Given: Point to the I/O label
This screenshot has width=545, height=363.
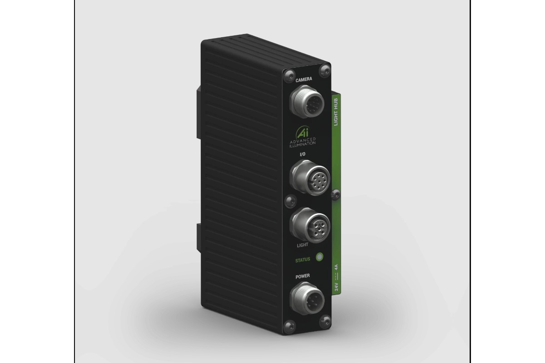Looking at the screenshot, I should [x=302, y=155].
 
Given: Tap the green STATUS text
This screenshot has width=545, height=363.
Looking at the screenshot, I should [x=302, y=260].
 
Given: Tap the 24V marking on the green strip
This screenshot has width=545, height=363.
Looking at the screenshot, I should [x=337, y=286].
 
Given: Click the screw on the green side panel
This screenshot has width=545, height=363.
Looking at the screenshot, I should [x=335, y=194].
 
